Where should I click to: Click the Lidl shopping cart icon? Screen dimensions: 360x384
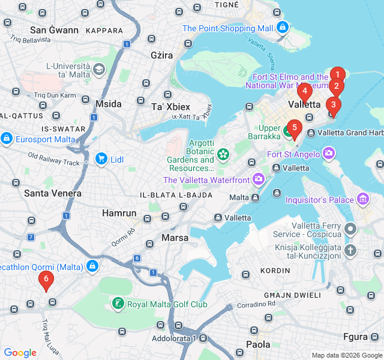pyautogui.click(x=101, y=159)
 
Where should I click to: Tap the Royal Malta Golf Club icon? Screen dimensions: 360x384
pyautogui.click(x=118, y=304)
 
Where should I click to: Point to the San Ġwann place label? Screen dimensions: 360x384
pyautogui.click(x=54, y=30)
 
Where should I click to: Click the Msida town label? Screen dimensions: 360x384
pyautogui.click(x=108, y=104)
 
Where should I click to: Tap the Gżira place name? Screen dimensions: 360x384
pyautogui.click(x=162, y=55)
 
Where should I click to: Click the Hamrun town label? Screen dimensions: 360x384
pyautogui.click(x=119, y=213)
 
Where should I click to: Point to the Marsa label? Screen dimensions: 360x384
pyautogui.click(x=175, y=238)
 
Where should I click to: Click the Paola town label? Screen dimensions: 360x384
pyautogui.click(x=258, y=344)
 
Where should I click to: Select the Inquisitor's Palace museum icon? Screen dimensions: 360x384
pyautogui.click(x=362, y=199)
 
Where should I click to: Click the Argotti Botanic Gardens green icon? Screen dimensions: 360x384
pyautogui.click(x=223, y=154)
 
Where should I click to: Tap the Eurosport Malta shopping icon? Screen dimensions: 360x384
pyautogui.click(x=7, y=139)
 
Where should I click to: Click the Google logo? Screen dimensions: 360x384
pyautogui.click(x=20, y=353)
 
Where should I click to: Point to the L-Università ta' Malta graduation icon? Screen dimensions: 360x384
pyautogui.click(x=98, y=70)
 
